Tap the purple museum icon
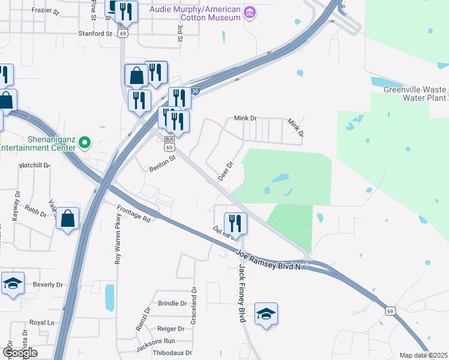tap(250, 11)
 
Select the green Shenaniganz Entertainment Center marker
tap(85, 142)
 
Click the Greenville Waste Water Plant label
tap(416, 94)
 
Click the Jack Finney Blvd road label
tap(243, 292)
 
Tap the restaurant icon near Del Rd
tap(235, 223)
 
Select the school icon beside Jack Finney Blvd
tap(266, 313)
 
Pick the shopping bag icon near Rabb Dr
tap(68, 219)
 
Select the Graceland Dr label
tap(193, 307)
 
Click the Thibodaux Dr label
tap(172, 353)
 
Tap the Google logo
tap(20, 353)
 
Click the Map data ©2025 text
tap(423, 355)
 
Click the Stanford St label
tap(95, 34)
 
